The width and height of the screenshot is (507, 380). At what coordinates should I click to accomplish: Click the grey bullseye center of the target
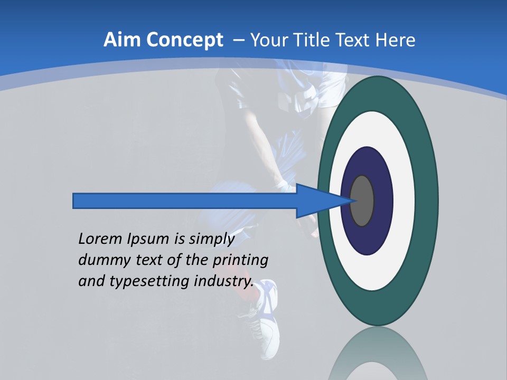[362, 201]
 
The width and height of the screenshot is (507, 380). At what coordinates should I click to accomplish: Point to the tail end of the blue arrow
[77, 201]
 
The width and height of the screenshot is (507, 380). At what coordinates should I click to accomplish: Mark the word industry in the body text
[222, 282]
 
